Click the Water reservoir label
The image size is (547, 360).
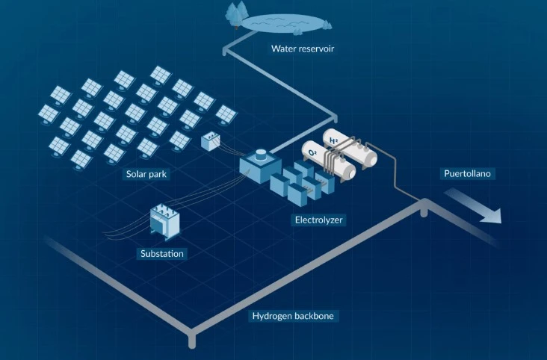coord(302,50)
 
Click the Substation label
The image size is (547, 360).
coord(162,254)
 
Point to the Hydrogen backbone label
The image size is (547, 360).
coord(294,316)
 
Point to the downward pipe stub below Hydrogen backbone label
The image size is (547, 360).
coord(192,340)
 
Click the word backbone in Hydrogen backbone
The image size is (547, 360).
coord(315,316)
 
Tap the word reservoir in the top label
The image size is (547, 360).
coord(315,50)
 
